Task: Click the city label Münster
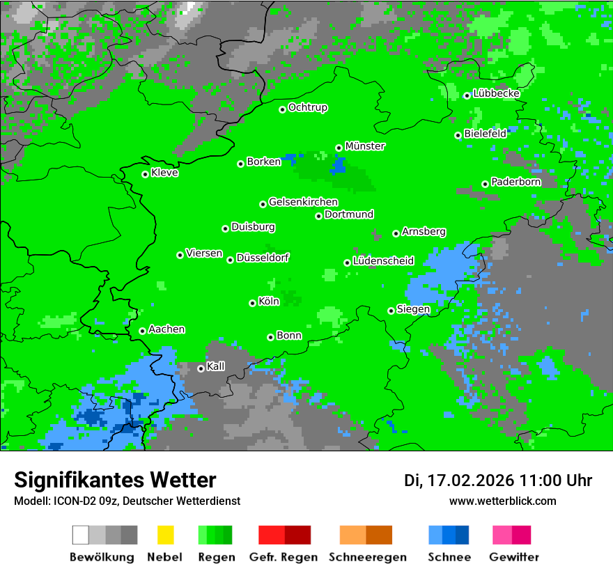(x=365, y=146)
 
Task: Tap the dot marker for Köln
(x=252, y=303)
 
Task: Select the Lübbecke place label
(x=496, y=93)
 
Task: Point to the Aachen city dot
(x=142, y=331)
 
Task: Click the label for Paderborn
(x=515, y=182)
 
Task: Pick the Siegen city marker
(x=391, y=311)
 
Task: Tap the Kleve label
(x=164, y=173)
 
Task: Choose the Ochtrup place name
(x=307, y=108)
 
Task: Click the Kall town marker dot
(x=201, y=368)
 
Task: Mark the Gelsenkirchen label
(x=303, y=202)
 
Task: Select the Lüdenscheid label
(x=383, y=261)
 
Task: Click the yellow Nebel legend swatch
(x=165, y=535)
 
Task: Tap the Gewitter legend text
(x=513, y=557)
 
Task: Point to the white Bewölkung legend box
(x=81, y=535)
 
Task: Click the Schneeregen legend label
(x=367, y=557)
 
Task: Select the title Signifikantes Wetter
(x=115, y=480)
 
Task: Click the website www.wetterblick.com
(x=502, y=501)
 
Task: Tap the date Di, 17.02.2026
(x=458, y=481)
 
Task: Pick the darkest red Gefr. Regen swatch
(x=297, y=535)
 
